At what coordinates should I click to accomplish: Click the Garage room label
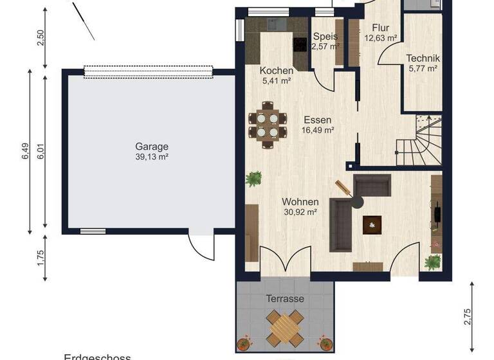[152, 146]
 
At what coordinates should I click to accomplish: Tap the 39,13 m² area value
[152, 156]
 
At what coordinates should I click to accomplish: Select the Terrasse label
[285, 299]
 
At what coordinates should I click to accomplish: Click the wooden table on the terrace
[284, 327]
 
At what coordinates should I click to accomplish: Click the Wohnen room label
[300, 202]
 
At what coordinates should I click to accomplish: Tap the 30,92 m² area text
[300, 212]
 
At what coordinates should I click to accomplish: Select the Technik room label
[423, 58]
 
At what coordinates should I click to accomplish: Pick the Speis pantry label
[325, 37]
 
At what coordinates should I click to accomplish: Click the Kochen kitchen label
[277, 71]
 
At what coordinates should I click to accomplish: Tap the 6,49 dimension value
[24, 151]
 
